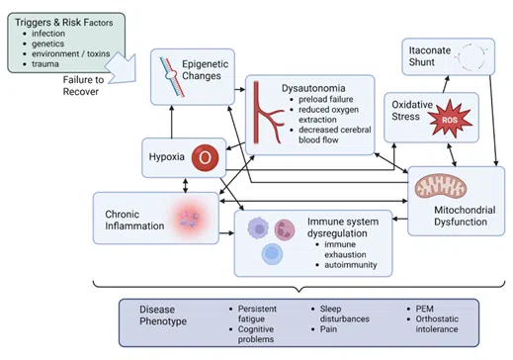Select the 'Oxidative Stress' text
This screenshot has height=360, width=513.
411,112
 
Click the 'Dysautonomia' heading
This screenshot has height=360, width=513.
313,88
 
